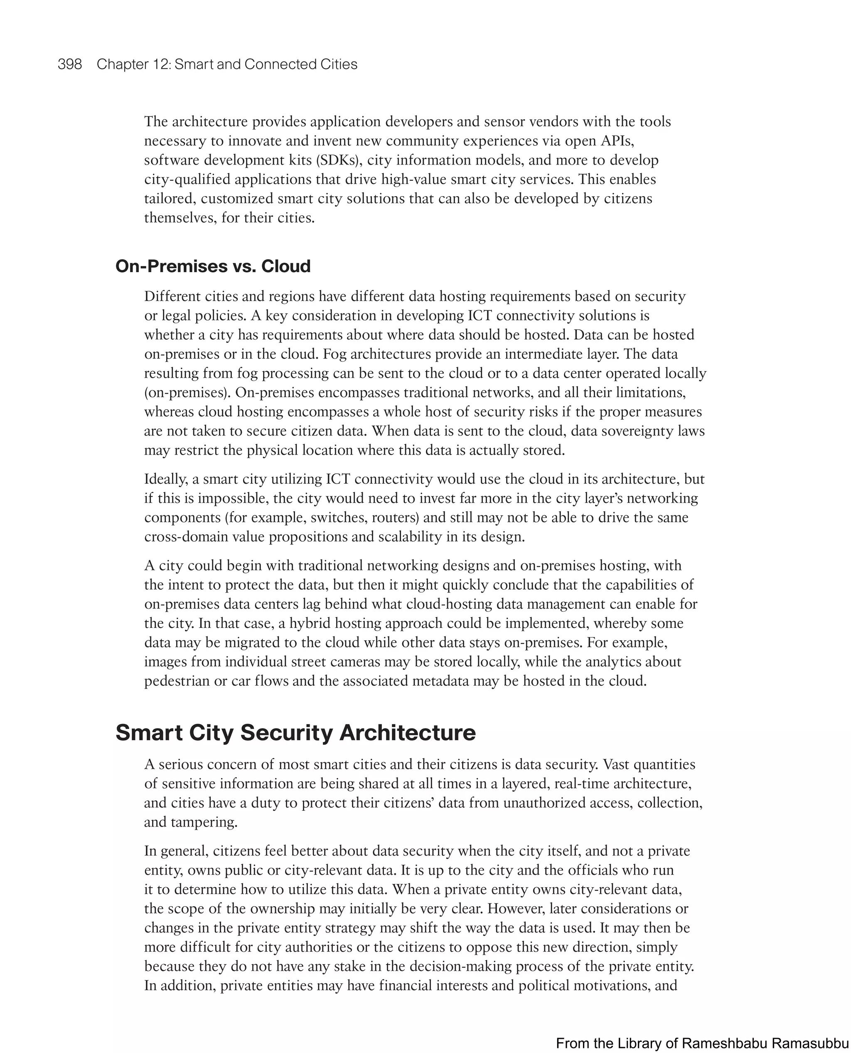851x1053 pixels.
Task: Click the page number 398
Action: [70, 64]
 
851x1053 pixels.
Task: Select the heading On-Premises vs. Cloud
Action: [213, 266]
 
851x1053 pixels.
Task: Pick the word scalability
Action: [410, 537]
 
